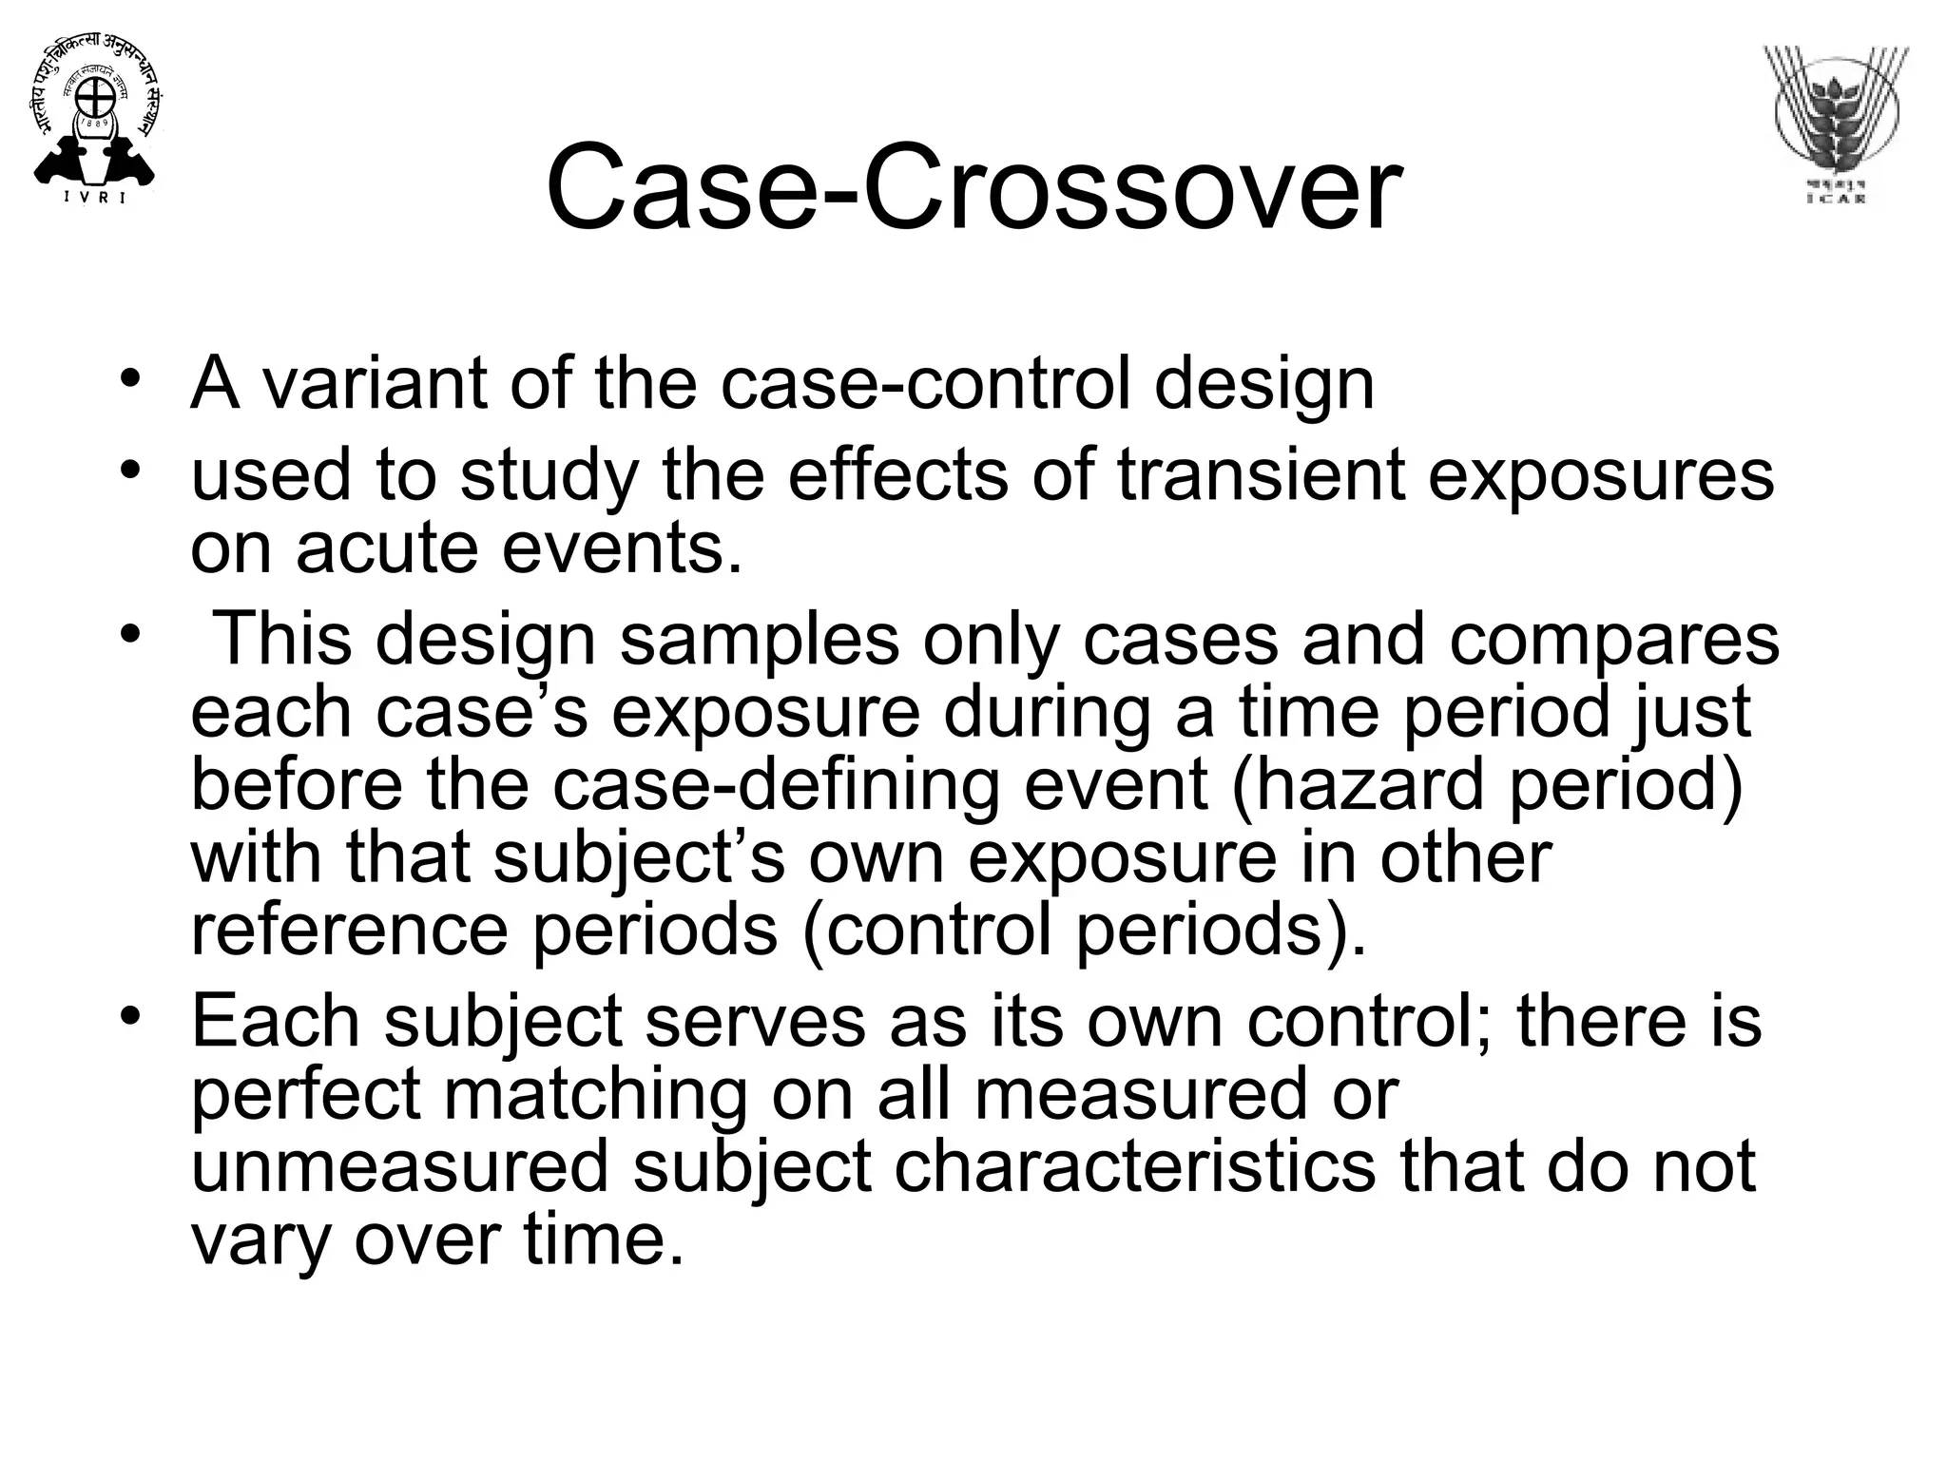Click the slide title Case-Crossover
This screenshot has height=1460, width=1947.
point(973,186)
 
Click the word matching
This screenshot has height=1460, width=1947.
point(595,1093)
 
